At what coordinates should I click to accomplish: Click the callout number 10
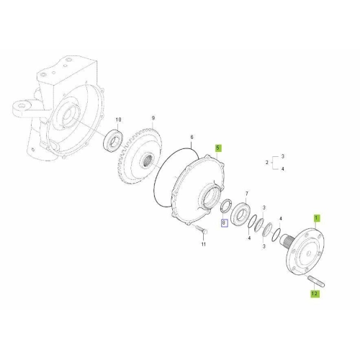tap(119, 120)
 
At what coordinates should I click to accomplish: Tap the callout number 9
tap(153, 118)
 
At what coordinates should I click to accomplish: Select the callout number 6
tap(192, 138)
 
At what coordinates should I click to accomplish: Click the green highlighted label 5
tap(217, 148)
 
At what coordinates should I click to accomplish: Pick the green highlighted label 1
tap(316, 218)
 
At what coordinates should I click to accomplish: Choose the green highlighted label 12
tap(315, 293)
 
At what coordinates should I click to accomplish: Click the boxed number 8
tap(224, 223)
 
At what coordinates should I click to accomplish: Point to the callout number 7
tap(247, 194)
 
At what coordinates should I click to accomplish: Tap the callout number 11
tap(204, 244)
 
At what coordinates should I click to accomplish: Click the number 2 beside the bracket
tap(267, 163)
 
